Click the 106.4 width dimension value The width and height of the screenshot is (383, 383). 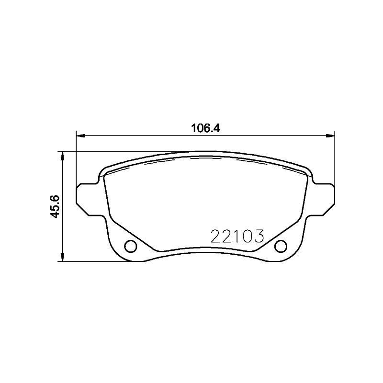click(205, 128)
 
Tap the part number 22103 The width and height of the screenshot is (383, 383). click(237, 236)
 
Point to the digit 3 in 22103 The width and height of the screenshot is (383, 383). click(259, 236)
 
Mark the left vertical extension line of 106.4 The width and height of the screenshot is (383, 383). click(76, 158)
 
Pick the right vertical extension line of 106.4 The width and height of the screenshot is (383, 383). click(335, 158)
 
